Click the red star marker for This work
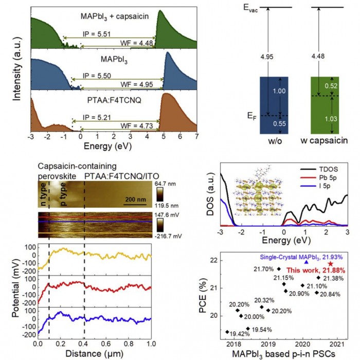[x=331, y=263]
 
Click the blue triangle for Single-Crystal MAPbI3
[x=307, y=262]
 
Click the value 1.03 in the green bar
[x=320, y=119]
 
